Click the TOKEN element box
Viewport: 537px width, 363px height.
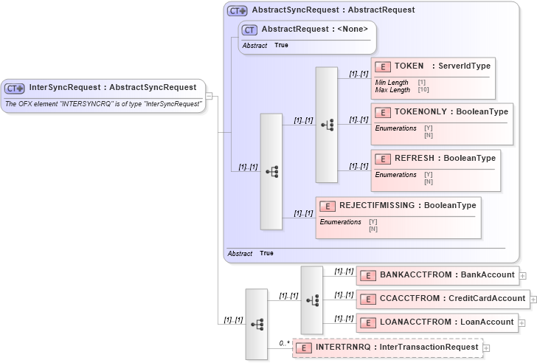tap(432, 77)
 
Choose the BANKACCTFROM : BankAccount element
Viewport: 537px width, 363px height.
tap(437, 275)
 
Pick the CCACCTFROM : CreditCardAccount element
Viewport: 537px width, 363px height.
tap(442, 299)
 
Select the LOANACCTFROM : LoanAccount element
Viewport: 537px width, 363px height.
tap(437, 322)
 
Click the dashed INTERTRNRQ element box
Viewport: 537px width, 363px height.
tap(387, 348)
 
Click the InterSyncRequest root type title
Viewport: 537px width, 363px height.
tap(112, 88)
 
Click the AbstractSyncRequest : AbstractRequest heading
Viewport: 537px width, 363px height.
tap(333, 10)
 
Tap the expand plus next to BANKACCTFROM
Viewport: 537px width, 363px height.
tap(523, 275)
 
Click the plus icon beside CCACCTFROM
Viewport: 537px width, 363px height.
tap(533, 299)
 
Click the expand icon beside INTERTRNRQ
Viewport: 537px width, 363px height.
tap(486, 348)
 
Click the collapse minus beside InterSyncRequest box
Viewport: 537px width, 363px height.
tap(209, 95)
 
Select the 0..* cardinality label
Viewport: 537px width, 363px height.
tap(283, 343)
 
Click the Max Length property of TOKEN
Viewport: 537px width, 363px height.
tap(392, 90)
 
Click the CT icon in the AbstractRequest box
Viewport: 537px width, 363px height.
tap(250, 30)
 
